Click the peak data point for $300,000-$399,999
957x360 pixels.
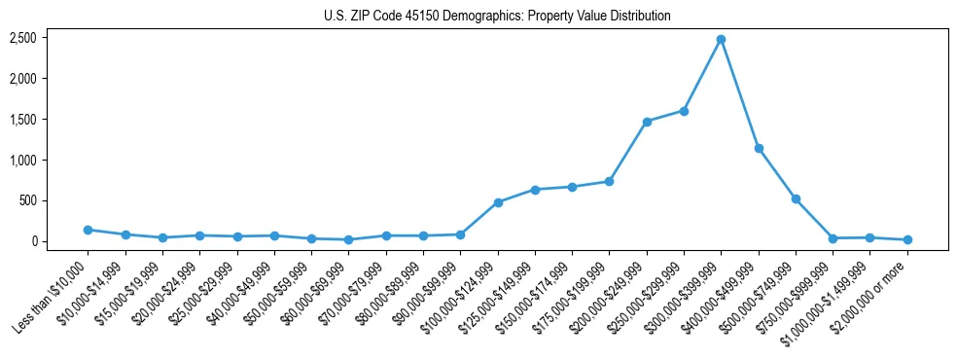tap(721, 40)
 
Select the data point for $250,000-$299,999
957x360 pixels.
tap(684, 111)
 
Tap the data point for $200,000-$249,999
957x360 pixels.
tap(647, 122)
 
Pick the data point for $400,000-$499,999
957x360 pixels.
tap(759, 149)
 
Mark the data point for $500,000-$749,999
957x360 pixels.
tap(796, 198)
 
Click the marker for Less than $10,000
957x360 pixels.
tap(88, 230)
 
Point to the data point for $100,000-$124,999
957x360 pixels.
tap(498, 202)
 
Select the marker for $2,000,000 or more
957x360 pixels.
tap(907, 239)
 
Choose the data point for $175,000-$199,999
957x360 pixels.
tap(609, 181)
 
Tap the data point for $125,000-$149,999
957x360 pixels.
tap(535, 190)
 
